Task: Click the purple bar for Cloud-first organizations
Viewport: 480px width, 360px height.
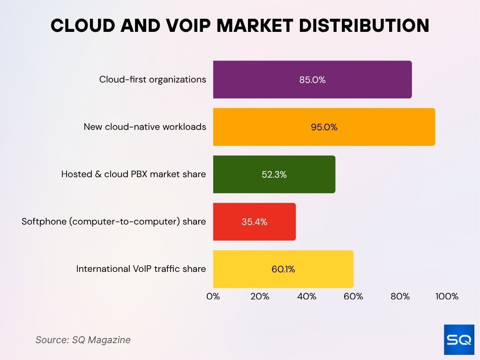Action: [262, 80]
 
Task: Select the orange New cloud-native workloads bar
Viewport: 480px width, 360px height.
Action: [272, 127]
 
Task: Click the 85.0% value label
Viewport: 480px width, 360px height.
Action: [312, 80]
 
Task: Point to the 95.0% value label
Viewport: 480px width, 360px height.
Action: [324, 127]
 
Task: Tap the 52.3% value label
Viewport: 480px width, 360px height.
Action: [274, 174]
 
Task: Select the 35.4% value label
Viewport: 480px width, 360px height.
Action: [255, 222]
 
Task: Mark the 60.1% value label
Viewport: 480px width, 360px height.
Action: [283, 269]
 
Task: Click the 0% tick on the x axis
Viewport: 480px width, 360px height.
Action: [213, 296]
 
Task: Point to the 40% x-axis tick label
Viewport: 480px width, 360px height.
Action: [307, 296]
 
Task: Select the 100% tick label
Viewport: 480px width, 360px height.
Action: [446, 296]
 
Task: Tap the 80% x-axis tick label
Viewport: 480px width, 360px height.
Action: [400, 296]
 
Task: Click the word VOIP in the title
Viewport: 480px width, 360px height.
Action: [187, 26]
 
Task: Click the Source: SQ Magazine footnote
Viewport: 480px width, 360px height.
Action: [83, 340]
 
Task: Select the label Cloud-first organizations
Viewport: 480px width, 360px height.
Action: [152, 80]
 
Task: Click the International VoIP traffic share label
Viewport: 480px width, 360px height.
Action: [141, 269]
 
